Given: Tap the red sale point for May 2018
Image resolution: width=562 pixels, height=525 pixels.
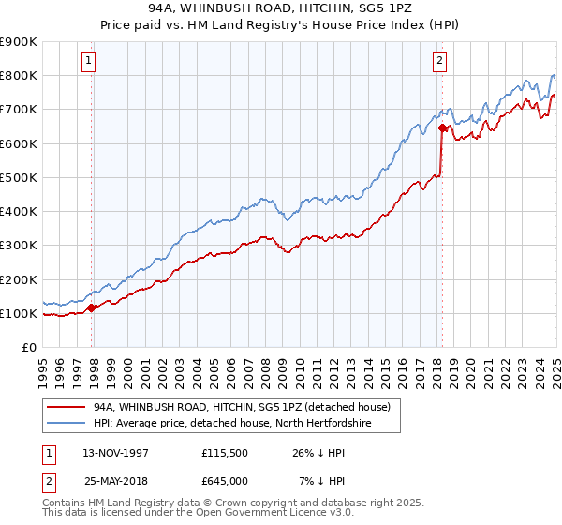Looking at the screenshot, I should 441,127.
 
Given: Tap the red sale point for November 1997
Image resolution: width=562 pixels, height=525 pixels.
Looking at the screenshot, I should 91,307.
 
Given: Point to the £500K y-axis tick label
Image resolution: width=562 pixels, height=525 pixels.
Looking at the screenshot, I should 19,177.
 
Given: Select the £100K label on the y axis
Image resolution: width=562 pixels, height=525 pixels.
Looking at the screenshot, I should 19,313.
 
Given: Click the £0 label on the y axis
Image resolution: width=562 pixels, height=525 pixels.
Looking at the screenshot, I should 28,347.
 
